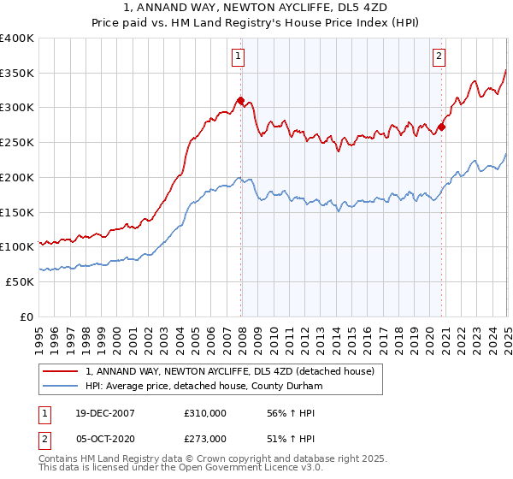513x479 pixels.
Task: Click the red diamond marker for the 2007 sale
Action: click(x=240, y=100)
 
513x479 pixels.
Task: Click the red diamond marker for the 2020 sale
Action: click(x=441, y=127)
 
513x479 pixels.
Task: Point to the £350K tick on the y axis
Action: click(x=17, y=74)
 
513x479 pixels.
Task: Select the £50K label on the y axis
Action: click(x=21, y=281)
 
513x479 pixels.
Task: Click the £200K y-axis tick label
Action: click(x=17, y=177)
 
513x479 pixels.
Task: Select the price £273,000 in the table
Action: click(x=204, y=439)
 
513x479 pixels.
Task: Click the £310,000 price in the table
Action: click(x=204, y=413)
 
